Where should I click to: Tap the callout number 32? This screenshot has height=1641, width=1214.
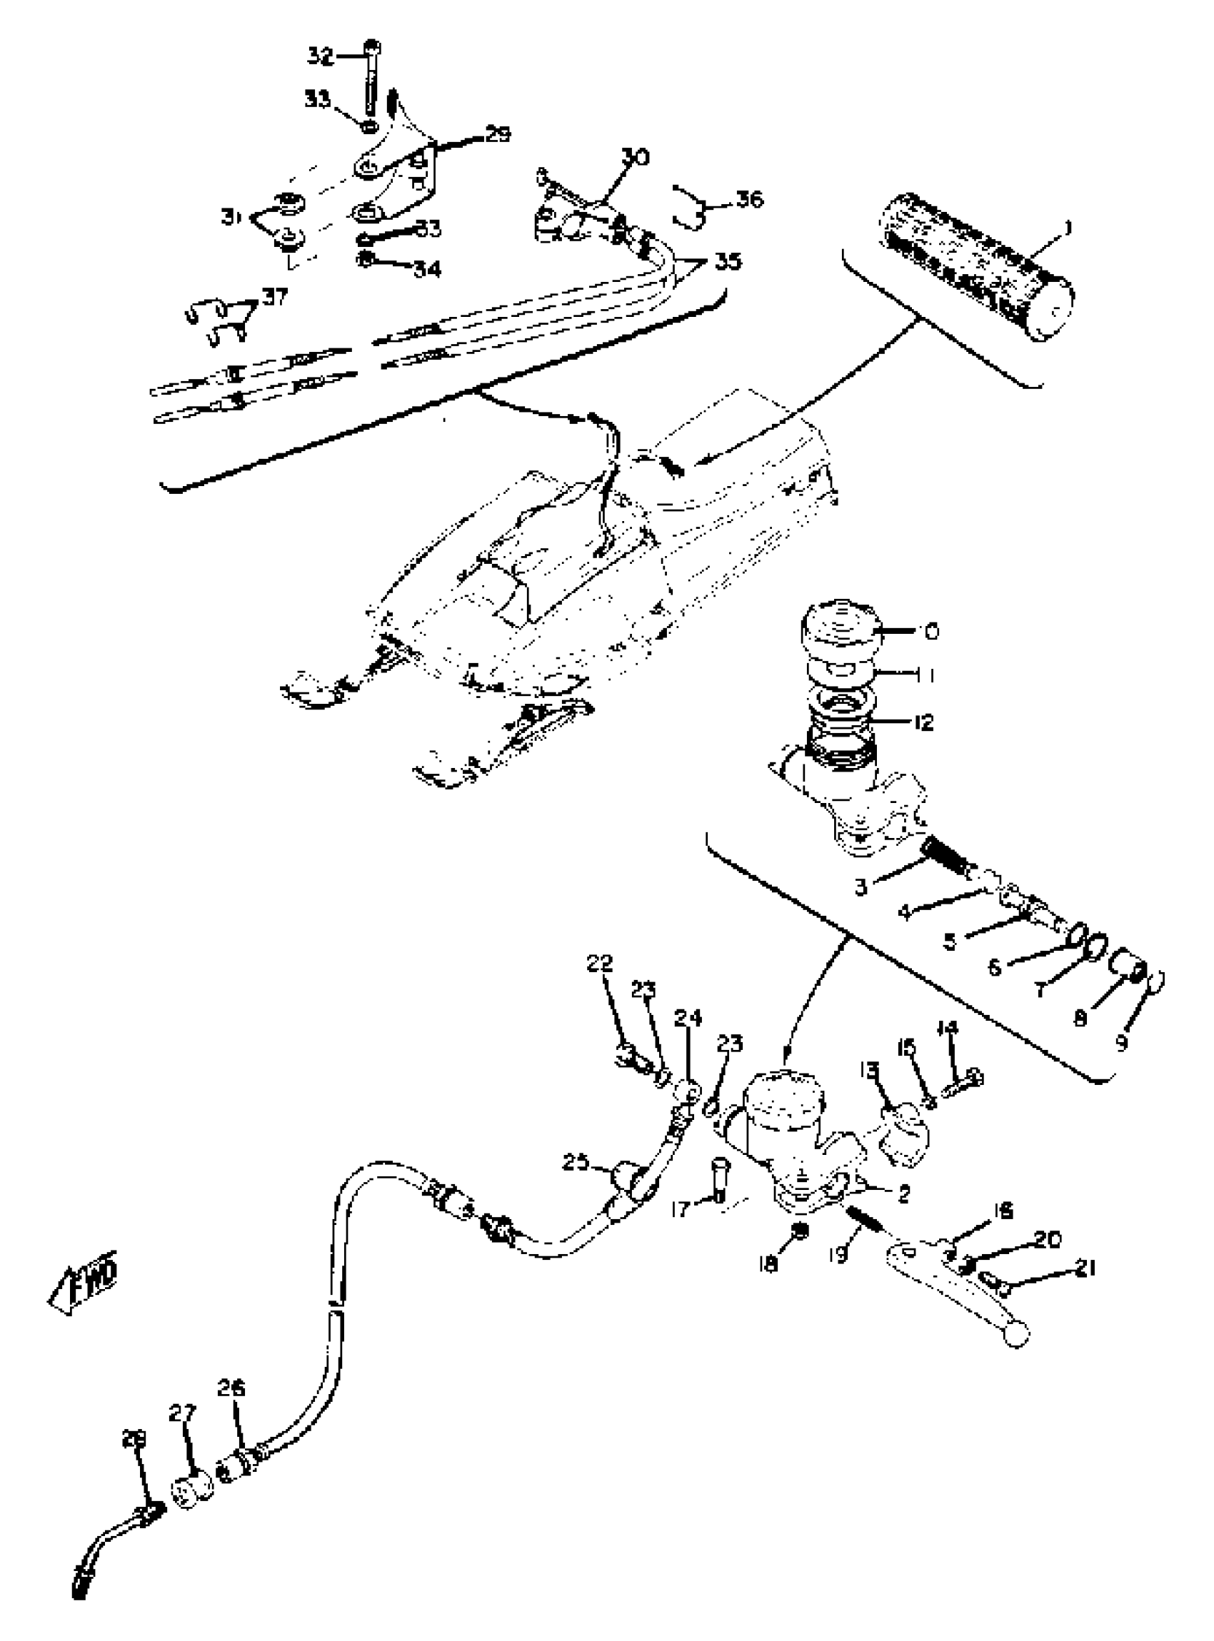click(320, 56)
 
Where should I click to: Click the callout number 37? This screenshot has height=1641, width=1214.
click(278, 297)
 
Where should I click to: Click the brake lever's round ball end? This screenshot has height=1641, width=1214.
click(1016, 1336)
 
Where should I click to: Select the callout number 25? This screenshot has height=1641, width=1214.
click(576, 1163)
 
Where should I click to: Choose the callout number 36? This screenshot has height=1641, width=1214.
click(750, 199)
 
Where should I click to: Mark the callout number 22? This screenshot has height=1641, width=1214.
click(600, 964)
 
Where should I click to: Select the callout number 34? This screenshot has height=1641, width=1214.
click(426, 271)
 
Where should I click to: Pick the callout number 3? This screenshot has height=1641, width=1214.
click(861, 887)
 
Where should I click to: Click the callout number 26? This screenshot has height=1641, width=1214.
click(231, 1389)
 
